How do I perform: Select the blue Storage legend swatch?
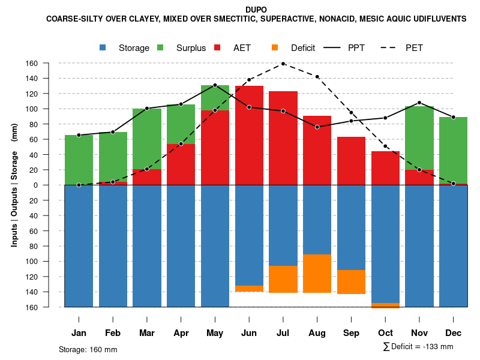103,47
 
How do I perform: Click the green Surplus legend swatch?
161,47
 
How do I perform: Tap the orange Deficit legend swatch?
275,47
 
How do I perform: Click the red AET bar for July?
283,138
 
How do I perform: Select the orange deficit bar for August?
317,274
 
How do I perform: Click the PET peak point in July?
283,64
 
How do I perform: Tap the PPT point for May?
215,85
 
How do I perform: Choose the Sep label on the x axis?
351,333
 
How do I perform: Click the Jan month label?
79,333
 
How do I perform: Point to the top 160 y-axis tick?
49,63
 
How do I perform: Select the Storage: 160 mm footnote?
88,349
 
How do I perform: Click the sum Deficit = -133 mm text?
418,347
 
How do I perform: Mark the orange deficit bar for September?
351,282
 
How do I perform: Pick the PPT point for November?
419,103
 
